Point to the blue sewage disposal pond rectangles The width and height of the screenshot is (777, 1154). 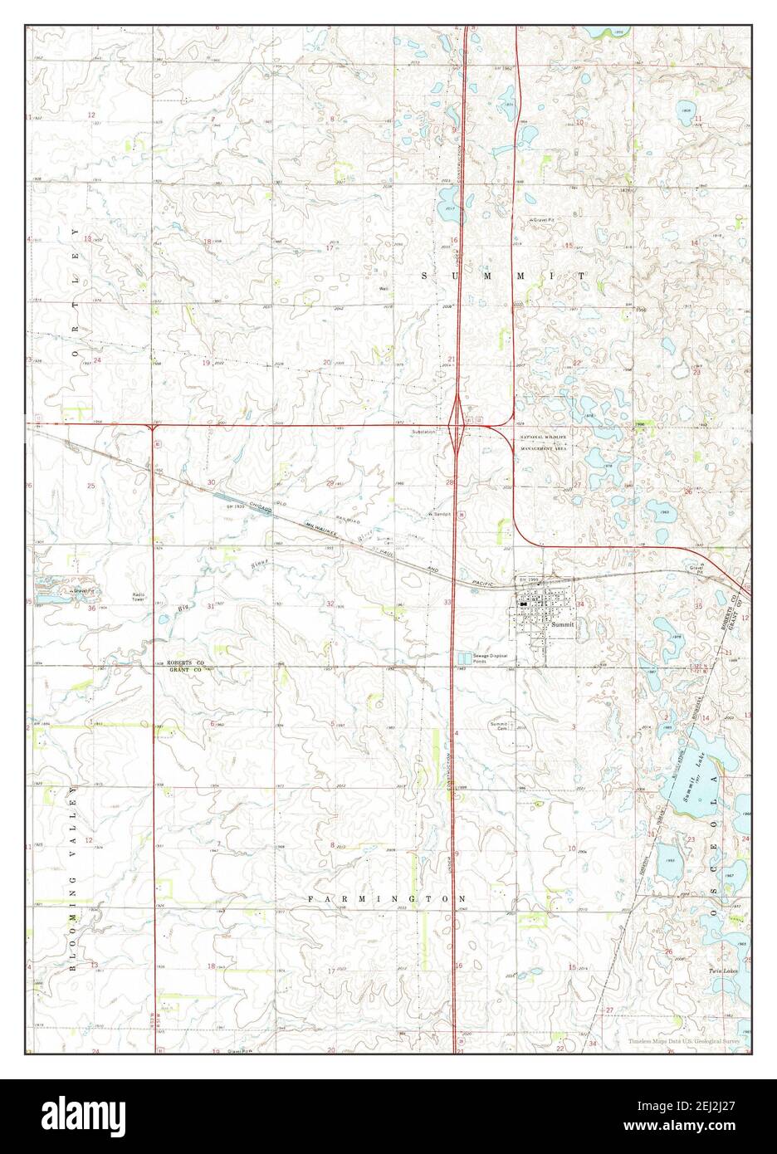point(462,658)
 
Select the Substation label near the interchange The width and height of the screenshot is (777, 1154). point(422,432)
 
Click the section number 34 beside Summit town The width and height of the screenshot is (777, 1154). point(581,604)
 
